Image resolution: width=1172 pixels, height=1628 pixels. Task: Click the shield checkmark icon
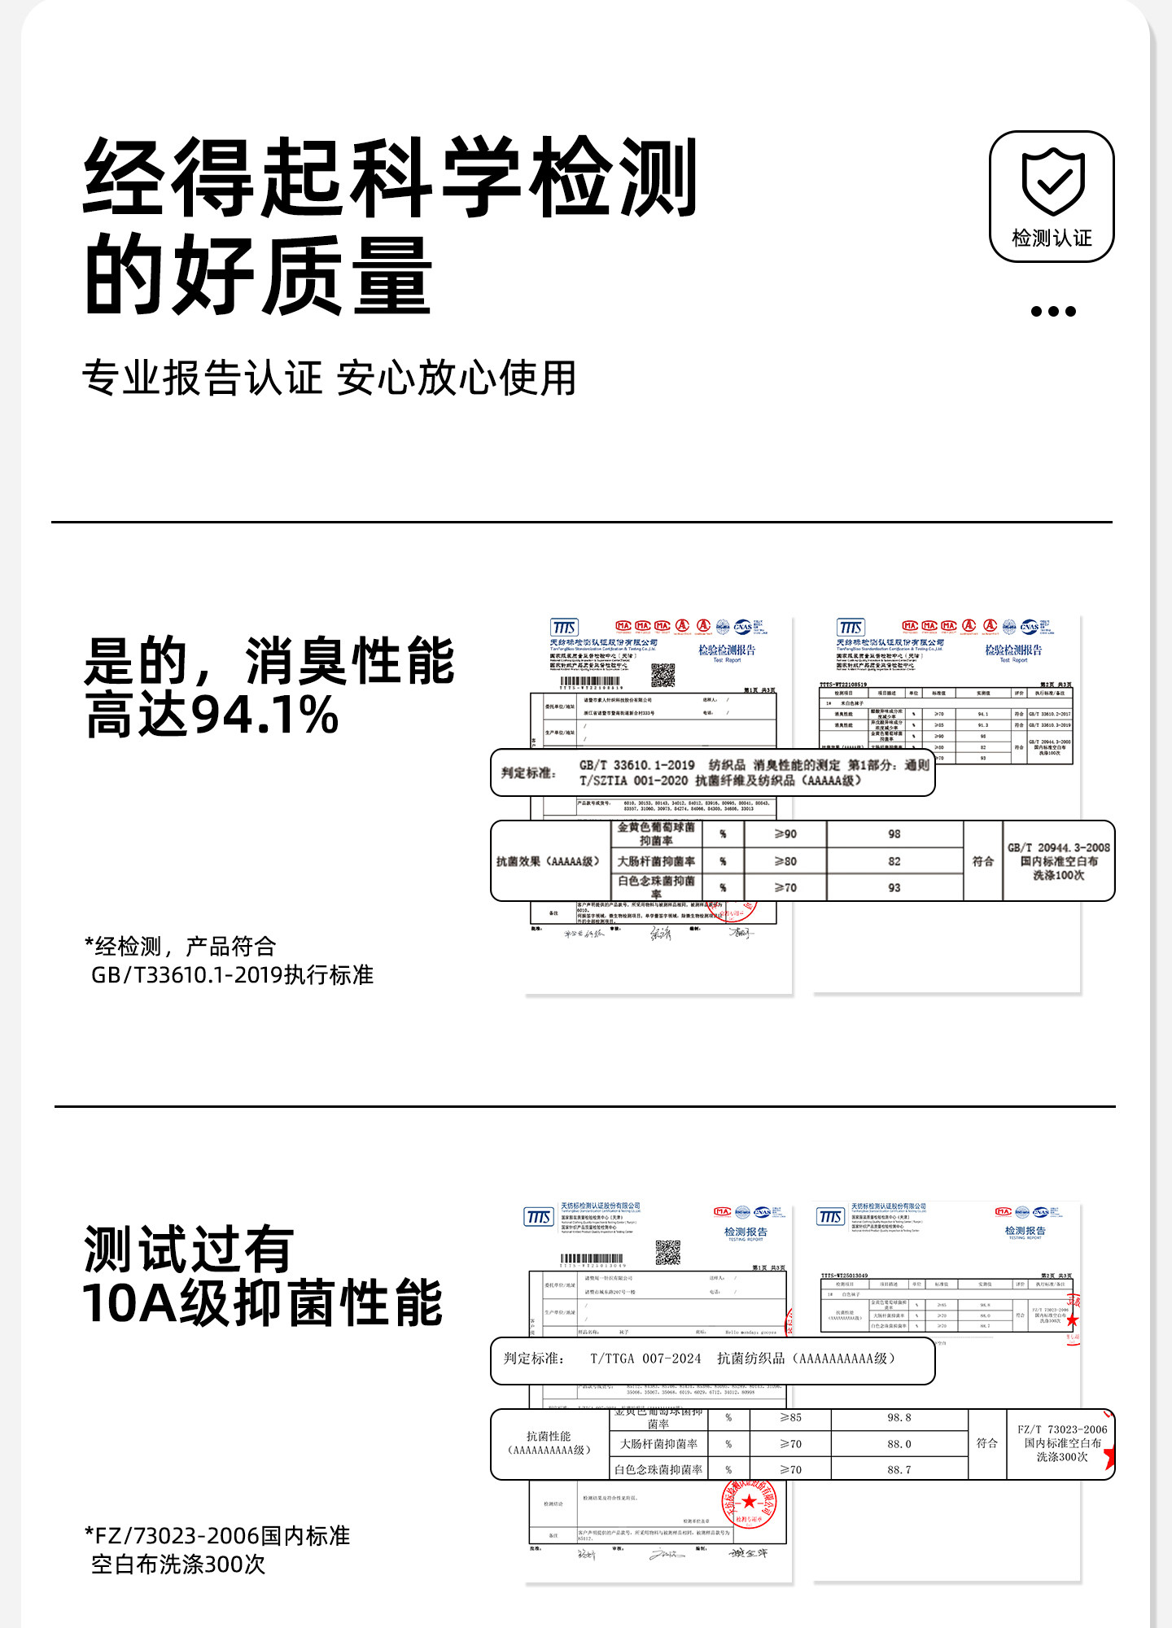1052,181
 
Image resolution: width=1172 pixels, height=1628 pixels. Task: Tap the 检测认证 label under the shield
1052,238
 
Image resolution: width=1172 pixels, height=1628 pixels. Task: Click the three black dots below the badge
1053,311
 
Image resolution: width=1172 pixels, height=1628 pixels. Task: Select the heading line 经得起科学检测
391,177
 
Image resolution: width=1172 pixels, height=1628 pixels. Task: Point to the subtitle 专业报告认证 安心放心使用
330,379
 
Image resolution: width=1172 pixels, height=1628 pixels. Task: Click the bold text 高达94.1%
212,715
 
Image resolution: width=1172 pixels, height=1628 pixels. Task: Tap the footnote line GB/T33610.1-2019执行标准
232,974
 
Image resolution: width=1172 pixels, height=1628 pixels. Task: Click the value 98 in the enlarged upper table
894,834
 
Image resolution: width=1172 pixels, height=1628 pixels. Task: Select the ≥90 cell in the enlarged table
785,834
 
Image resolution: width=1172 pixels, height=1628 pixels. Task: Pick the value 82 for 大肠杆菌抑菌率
894,861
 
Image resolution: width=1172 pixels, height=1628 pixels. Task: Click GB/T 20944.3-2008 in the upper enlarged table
1058,847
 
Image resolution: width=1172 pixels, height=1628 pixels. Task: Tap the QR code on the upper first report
663,675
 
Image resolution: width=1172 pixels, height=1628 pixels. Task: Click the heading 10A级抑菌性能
262,1304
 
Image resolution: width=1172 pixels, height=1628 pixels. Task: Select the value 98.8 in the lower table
899,1418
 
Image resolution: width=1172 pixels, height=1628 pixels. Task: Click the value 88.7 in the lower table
899,1470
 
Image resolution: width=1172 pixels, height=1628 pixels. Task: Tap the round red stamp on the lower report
749,1502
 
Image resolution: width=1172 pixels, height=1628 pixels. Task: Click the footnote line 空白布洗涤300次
178,1564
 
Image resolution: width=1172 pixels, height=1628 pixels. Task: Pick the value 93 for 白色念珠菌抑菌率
894,888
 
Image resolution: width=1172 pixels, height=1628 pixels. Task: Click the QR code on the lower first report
668,1253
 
